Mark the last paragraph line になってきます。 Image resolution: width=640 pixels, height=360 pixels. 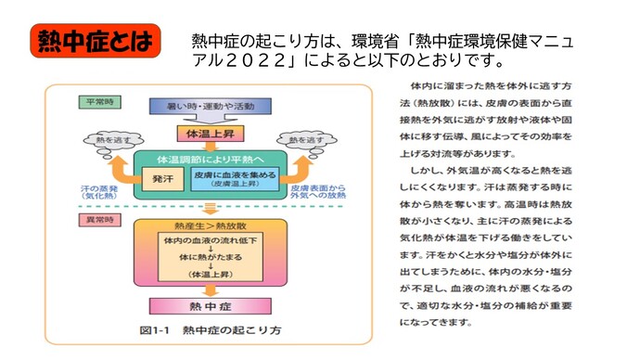(435, 324)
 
